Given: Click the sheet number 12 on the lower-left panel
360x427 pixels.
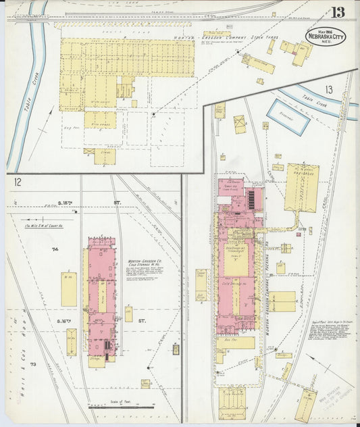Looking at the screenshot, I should pos(17,181).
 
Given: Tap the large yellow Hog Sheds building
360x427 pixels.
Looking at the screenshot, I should pos(302,186).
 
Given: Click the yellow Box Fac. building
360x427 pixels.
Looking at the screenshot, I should pos(236,343).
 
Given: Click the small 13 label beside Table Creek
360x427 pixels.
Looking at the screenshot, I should pos(328,90).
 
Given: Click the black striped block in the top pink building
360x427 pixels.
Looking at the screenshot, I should pos(253,199).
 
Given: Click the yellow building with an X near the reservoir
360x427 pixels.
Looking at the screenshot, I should pos(240,124).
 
